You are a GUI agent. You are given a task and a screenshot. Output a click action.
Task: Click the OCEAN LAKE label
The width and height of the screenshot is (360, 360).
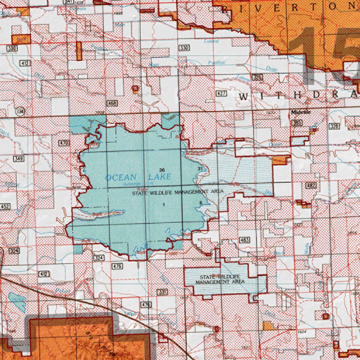click(x=138, y=177)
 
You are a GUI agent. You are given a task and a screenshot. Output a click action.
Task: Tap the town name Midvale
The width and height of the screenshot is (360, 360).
click(x=301, y=112)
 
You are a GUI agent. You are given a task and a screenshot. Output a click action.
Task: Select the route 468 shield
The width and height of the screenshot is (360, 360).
click(x=112, y=103)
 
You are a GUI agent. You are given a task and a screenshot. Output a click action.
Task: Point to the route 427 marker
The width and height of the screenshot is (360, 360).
click(x=221, y=93)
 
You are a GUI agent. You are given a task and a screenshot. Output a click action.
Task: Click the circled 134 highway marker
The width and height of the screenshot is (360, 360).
click(x=20, y=111)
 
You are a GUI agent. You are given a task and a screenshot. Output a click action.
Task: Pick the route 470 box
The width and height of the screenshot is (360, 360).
click(x=64, y=143)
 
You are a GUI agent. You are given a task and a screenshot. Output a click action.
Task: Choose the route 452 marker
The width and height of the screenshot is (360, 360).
click(x=5, y=206)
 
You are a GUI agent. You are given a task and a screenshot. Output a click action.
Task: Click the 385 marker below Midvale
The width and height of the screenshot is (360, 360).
click(x=297, y=123)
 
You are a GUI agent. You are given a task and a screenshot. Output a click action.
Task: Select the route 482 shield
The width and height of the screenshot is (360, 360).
click(x=311, y=185)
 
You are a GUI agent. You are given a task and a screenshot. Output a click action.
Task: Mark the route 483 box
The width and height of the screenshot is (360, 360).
click(x=244, y=240)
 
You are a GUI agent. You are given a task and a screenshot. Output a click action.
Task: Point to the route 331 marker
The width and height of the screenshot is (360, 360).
click(x=161, y=292)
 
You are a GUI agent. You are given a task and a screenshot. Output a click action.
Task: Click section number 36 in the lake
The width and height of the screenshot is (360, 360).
click(x=161, y=170)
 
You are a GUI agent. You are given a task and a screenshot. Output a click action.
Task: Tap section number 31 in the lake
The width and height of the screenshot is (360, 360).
click(x=200, y=169)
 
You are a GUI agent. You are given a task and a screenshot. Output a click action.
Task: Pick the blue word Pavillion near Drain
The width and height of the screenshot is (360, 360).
click(x=216, y=62)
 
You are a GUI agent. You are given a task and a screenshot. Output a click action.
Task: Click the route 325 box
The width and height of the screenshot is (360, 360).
click(x=258, y=77)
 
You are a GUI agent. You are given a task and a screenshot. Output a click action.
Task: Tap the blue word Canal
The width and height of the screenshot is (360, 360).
click(x=165, y=319)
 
